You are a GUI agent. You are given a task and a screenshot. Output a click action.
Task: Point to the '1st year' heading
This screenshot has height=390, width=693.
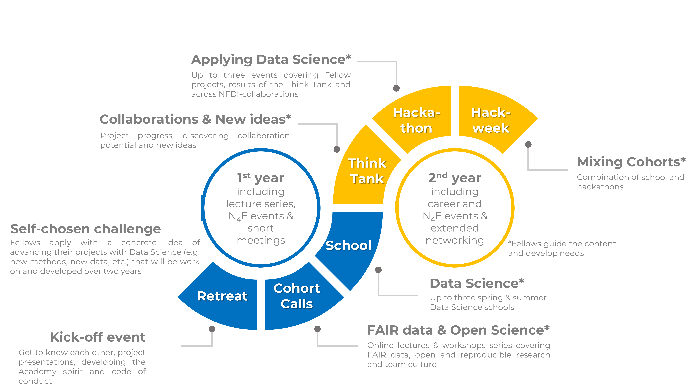point(260,178)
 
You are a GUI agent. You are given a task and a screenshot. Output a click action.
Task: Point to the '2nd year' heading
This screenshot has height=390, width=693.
point(455,178)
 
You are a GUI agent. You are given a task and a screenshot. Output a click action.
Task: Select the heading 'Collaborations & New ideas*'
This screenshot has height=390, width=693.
point(195,119)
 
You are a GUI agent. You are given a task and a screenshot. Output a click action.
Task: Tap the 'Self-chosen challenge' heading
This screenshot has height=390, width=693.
point(86,229)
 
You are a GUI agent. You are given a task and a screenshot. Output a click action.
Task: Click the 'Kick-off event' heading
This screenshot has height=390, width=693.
point(98,337)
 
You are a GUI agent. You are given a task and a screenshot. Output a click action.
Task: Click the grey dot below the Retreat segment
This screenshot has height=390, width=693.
point(212,329)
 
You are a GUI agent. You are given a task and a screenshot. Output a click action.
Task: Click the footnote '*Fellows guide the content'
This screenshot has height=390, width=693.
point(562,244)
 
